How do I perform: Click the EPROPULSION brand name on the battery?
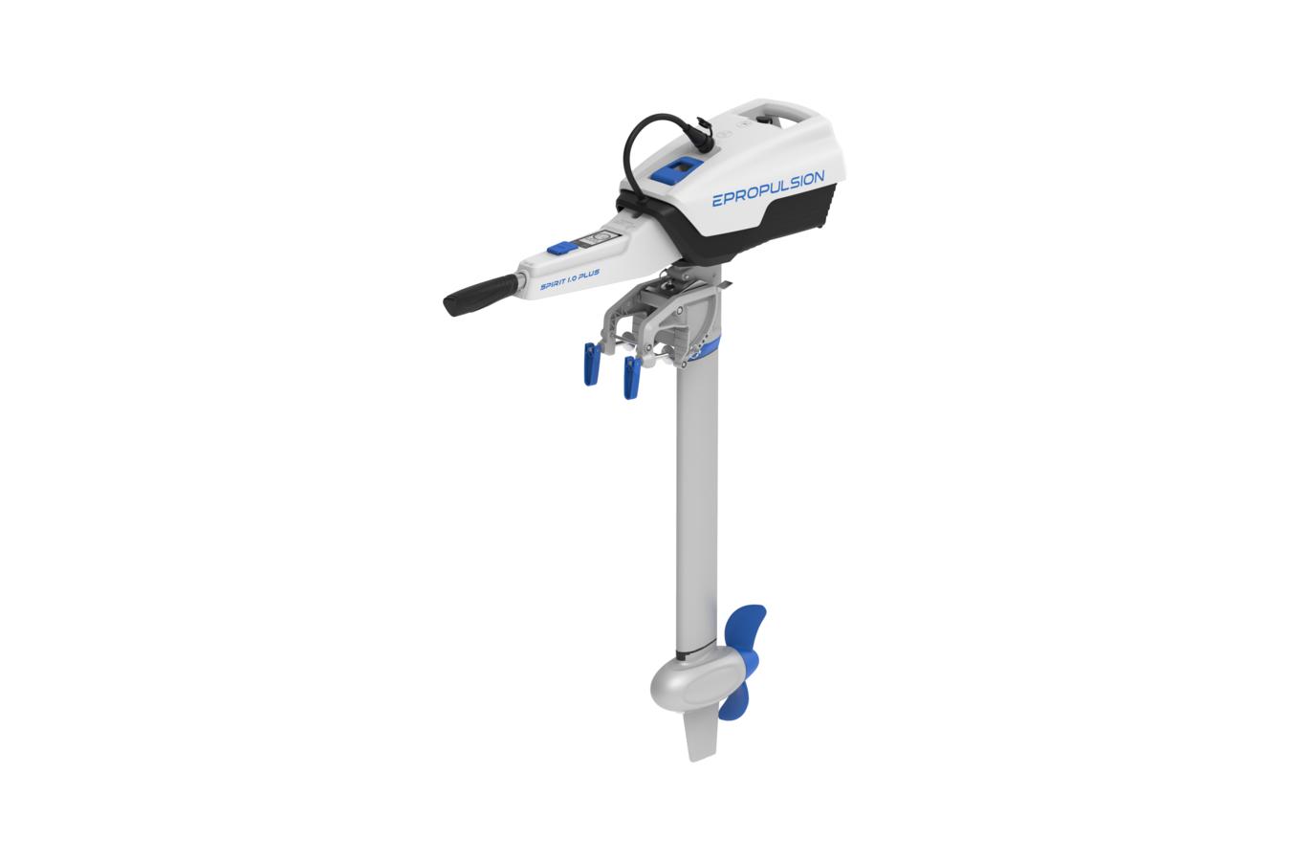pyautogui.click(x=768, y=188)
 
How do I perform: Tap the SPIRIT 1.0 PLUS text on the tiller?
pyautogui.click(x=570, y=279)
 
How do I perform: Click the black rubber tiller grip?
pyautogui.click(x=481, y=294)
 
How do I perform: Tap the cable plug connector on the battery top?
pyautogui.click(x=703, y=134)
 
